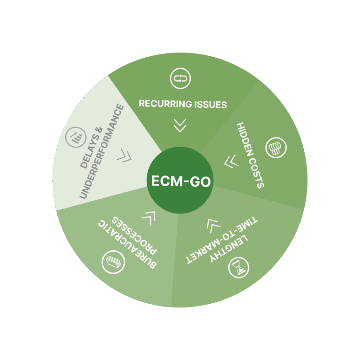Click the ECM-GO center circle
pyautogui.click(x=180, y=180)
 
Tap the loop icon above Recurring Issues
pyautogui.click(x=180, y=78)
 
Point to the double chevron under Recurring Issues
pyautogui.click(x=180, y=125)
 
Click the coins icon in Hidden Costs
pyautogui.click(x=276, y=147)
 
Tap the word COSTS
pyautogui.click(x=257, y=172)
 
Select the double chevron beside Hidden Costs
pyautogui.click(x=232, y=161)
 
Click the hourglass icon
pyautogui.click(x=239, y=268)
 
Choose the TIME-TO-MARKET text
pyautogui.click(x=222, y=240)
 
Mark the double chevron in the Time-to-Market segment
pyautogui.click(x=213, y=226)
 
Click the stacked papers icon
pyautogui.click(x=113, y=262)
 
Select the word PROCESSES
pyautogui.click(x=134, y=235)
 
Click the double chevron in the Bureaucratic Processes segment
pyautogui.click(x=149, y=218)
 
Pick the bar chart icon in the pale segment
pyautogui.click(x=76, y=137)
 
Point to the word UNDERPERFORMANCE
pyautogui.click(x=102, y=151)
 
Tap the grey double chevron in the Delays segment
pyautogui.click(x=124, y=156)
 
